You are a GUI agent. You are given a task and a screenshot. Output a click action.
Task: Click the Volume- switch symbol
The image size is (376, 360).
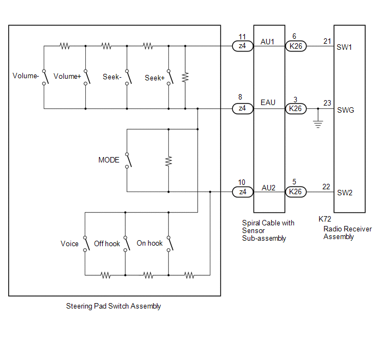[45, 77]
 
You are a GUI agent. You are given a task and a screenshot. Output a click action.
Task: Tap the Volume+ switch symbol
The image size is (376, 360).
[87, 77]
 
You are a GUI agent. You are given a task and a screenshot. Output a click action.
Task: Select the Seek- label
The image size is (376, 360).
[112, 77]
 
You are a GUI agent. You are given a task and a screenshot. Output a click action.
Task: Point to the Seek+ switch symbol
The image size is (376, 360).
[171, 77]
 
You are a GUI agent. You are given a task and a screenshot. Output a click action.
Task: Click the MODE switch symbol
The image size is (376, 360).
[128, 160]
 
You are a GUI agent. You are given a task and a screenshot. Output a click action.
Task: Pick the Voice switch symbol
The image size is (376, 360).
[86, 244]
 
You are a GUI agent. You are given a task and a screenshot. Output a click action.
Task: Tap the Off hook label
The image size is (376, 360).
[107, 243]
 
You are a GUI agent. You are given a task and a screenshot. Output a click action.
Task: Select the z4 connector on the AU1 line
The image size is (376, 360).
[243, 46]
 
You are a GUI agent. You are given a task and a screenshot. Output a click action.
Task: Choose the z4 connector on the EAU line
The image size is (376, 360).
[243, 109]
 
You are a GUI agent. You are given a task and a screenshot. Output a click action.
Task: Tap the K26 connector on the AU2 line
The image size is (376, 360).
[296, 191]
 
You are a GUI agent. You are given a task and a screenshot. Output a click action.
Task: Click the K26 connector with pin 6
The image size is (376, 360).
[296, 46]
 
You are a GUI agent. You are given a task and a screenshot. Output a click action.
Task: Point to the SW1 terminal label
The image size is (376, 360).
[344, 47]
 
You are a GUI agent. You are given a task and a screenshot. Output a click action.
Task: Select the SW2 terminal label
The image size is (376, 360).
[345, 193]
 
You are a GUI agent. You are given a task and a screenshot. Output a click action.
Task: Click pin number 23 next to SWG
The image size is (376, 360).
[327, 103]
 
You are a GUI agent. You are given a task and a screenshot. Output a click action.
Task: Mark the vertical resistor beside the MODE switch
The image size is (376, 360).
[168, 161]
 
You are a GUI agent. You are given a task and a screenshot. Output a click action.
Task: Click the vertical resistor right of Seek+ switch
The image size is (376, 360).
[185, 77]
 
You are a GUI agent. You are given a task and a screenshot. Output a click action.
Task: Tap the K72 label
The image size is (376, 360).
[325, 219]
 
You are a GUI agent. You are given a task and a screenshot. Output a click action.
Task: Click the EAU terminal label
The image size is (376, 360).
[268, 102]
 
